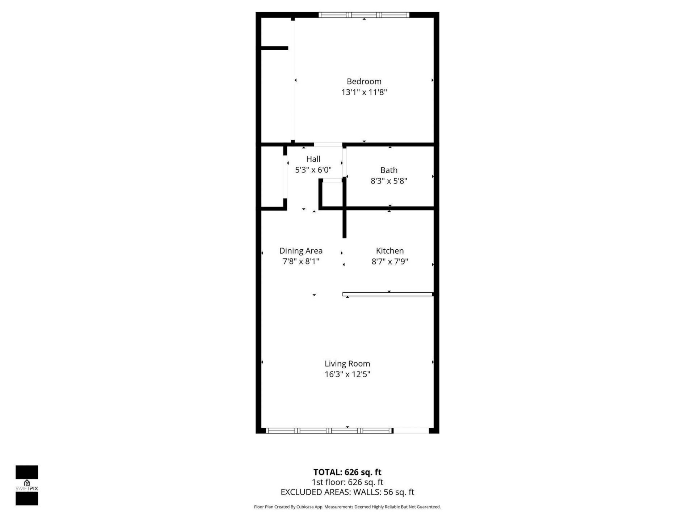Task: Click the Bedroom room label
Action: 364,81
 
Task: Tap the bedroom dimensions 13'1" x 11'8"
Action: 364,92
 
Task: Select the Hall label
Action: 313,159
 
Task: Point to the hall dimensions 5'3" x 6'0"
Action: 313,170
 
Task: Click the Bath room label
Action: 389,170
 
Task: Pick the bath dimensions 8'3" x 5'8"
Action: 389,181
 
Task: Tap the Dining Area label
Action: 301,251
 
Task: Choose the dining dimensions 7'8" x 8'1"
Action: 301,261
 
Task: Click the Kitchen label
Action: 389,251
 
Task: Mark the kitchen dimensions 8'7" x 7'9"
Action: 389,261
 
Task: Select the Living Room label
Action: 347,364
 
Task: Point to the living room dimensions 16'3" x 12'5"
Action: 347,374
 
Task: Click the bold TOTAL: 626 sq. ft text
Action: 347,472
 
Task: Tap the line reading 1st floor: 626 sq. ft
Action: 347,482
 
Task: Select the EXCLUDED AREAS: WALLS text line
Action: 347,492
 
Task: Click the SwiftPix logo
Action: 27,485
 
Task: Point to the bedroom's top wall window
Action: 364,15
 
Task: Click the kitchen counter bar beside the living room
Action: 387,294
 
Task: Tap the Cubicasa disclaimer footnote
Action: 347,507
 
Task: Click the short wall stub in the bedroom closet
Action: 274,48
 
